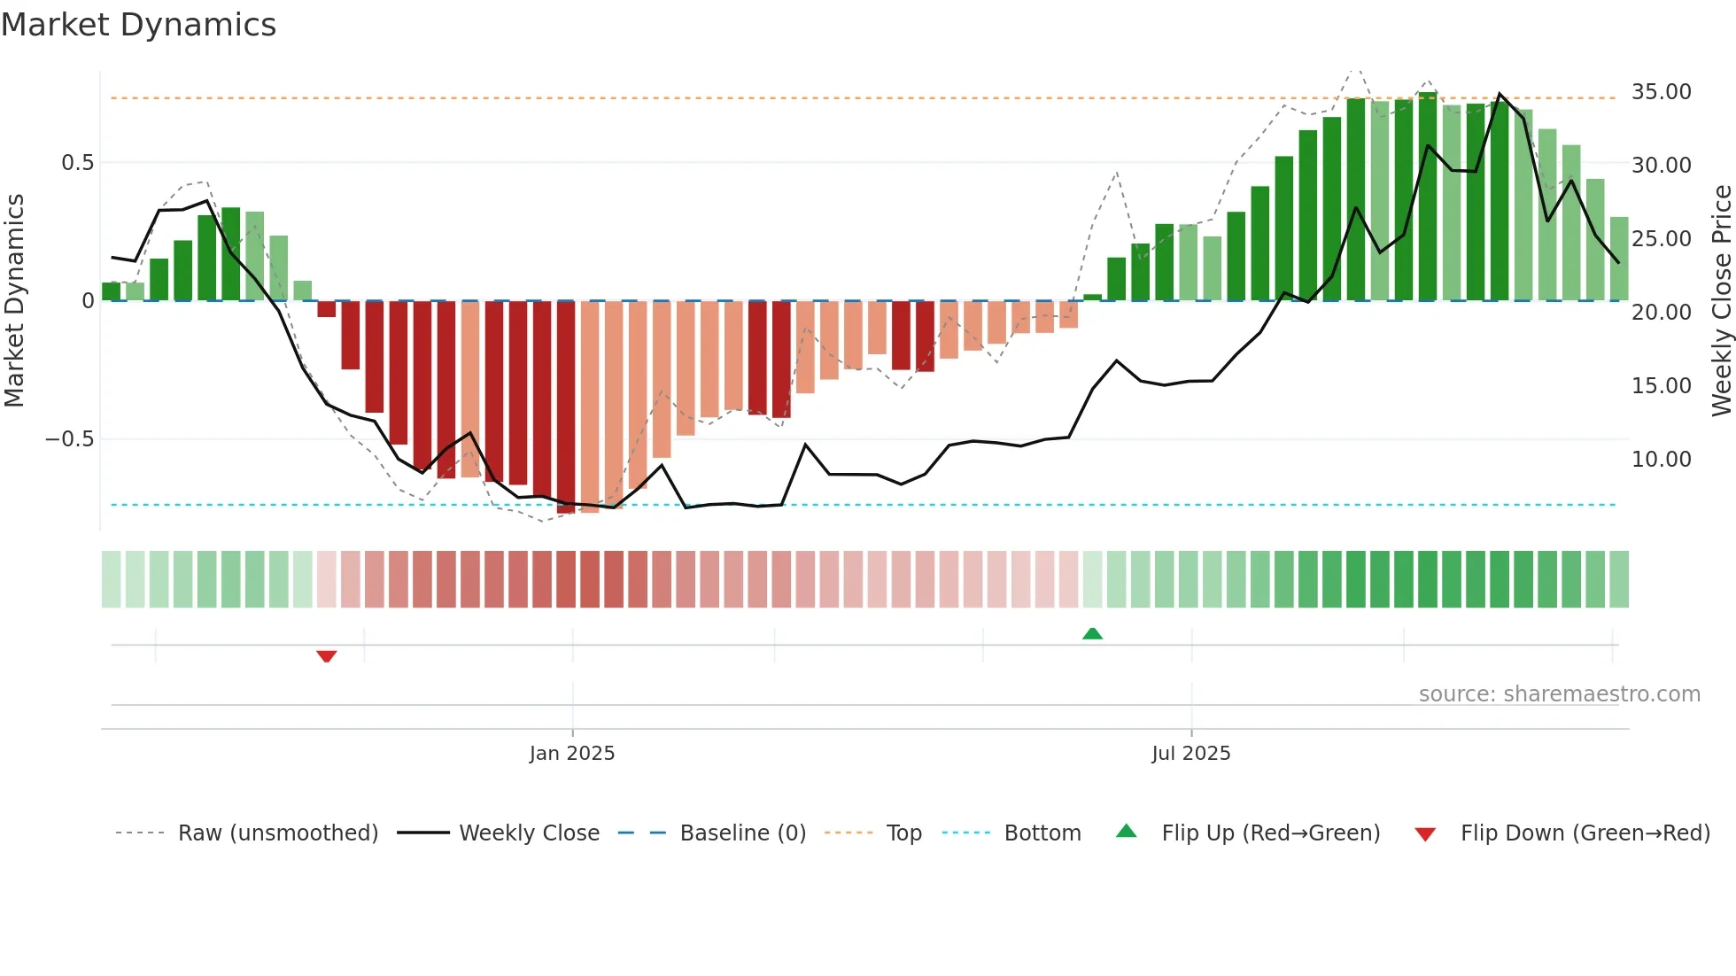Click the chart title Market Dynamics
pos(138,25)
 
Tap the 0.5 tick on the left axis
pos(77,163)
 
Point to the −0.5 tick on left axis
pos(69,439)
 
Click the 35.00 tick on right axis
pos(1661,92)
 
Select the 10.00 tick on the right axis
pos(1661,460)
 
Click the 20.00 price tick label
pos(1661,313)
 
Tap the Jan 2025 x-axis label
pos(572,754)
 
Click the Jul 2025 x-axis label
pos(1190,754)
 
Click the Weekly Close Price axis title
pos(1721,301)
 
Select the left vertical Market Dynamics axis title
pos(15,301)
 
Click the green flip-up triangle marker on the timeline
pos(1092,634)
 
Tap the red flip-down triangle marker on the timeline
pos(326,656)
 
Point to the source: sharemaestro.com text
pos(1559,694)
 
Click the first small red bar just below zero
pos(326,309)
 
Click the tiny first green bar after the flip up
pos(1092,298)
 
